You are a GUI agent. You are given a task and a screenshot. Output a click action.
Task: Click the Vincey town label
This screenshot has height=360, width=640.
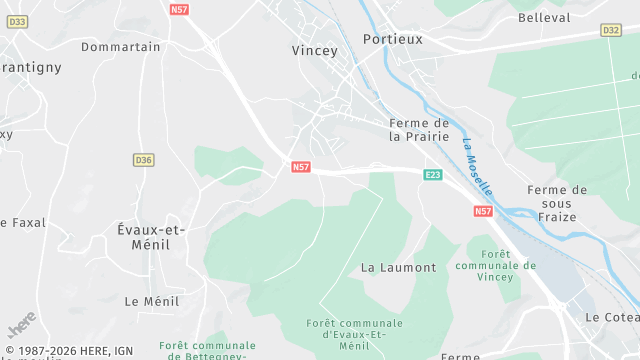point(315,50)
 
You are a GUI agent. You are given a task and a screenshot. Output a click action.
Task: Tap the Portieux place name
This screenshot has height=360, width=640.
point(393,39)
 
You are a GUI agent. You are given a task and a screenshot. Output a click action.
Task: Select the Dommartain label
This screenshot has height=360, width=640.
point(121,47)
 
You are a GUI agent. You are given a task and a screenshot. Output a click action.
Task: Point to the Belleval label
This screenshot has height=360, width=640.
point(544,18)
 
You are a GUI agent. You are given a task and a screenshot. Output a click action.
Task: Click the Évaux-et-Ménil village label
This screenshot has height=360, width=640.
point(151,237)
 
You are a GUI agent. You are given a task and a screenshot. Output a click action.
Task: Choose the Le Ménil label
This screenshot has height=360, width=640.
point(152,301)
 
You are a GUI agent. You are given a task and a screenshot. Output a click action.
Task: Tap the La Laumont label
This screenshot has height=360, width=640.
point(398,268)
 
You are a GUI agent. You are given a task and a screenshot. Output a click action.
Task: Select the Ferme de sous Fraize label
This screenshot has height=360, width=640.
point(557,205)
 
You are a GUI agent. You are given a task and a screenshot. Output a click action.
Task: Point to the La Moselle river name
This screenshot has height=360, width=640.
point(477,166)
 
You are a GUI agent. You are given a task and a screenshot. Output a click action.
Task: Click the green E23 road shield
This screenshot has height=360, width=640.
point(433,175)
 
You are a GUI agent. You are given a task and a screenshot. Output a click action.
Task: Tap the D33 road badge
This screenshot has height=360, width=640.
point(19,21)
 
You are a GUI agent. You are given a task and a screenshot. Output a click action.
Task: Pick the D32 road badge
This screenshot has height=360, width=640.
point(611,31)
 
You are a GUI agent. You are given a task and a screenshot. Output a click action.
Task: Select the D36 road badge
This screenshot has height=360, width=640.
point(144,160)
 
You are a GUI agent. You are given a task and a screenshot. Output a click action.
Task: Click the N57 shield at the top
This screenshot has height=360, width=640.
point(179,10)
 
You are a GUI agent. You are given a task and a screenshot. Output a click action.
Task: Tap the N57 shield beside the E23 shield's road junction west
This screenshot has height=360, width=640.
point(301,166)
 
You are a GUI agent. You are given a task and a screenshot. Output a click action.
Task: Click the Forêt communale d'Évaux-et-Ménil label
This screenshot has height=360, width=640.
point(355,334)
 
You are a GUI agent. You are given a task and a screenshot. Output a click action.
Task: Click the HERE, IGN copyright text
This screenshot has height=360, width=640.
point(69,350)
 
